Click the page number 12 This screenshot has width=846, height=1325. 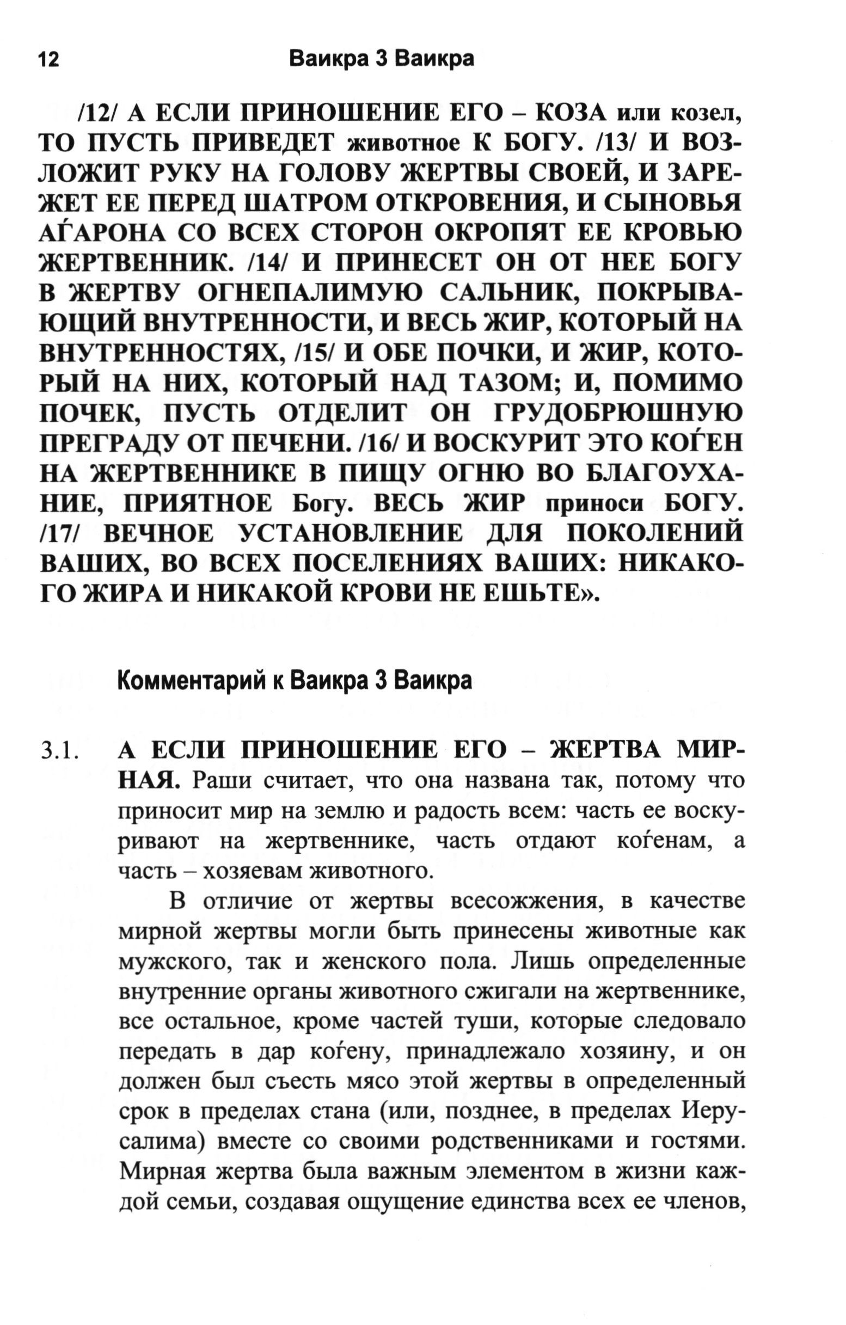[48, 59]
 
